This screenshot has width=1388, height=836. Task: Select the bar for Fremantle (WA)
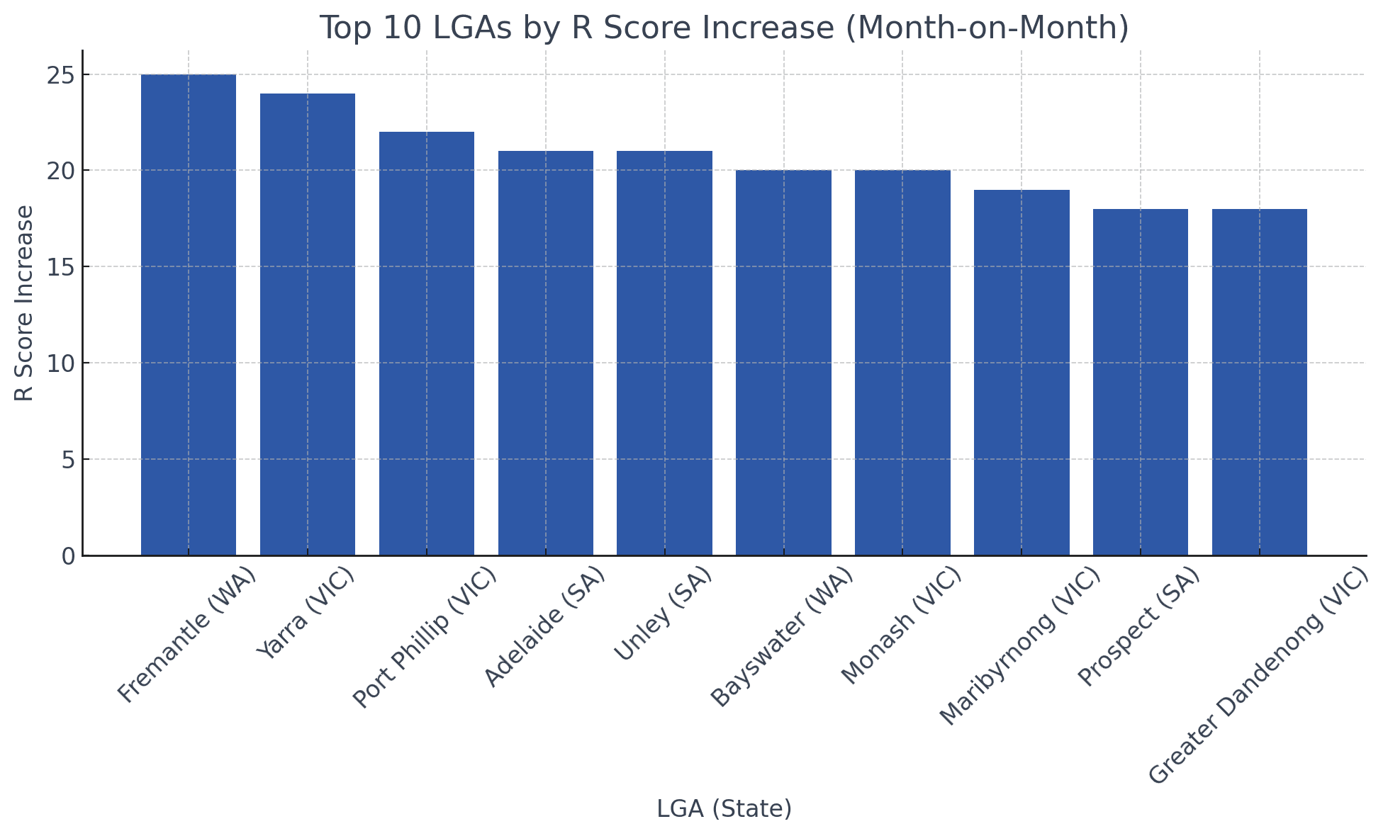tap(189, 315)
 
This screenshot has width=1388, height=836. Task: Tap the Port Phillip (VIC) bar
tap(427, 344)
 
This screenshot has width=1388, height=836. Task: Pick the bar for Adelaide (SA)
tap(546, 354)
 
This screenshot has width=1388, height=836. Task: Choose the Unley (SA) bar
tap(664, 354)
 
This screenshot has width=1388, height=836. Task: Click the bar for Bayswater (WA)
tap(783, 363)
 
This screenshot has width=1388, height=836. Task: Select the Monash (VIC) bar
tap(902, 363)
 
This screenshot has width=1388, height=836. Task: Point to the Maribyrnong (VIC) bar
tap(1022, 373)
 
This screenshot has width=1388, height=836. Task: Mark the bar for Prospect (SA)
tap(1141, 383)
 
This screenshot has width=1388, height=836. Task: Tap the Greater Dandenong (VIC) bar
tap(1260, 383)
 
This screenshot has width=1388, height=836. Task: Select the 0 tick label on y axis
tap(68, 556)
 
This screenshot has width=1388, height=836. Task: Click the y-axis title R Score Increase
tap(24, 303)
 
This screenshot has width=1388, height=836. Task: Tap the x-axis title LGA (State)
tap(724, 808)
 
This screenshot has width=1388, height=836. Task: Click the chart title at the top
tap(724, 28)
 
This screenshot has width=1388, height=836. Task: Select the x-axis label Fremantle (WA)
tap(186, 635)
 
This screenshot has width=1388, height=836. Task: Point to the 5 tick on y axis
tap(68, 460)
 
